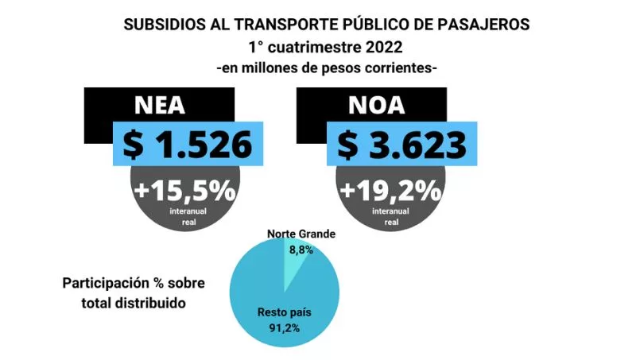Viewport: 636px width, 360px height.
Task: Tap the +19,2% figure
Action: click(x=391, y=192)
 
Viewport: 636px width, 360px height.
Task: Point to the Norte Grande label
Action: click(x=301, y=234)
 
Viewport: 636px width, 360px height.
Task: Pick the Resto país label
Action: click(x=284, y=312)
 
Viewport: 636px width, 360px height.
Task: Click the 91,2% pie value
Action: click(x=283, y=327)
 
